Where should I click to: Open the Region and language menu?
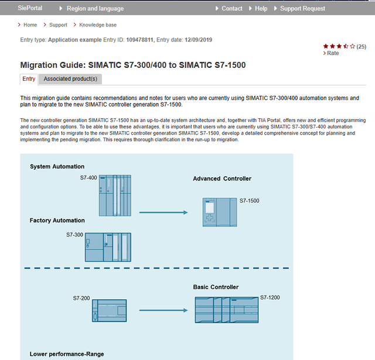(x=95, y=9)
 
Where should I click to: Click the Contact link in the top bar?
(x=231, y=9)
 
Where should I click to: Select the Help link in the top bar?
(x=261, y=9)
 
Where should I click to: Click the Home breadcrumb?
(x=30, y=25)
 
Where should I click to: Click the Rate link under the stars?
(x=332, y=53)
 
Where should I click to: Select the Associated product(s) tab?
(x=70, y=79)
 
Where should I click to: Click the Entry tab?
(x=29, y=79)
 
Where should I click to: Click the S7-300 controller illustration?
(x=108, y=247)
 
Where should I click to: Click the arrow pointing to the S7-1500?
(x=163, y=212)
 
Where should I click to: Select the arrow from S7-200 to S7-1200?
(x=163, y=309)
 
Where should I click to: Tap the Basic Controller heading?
(x=216, y=287)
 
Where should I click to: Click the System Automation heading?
(x=57, y=167)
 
